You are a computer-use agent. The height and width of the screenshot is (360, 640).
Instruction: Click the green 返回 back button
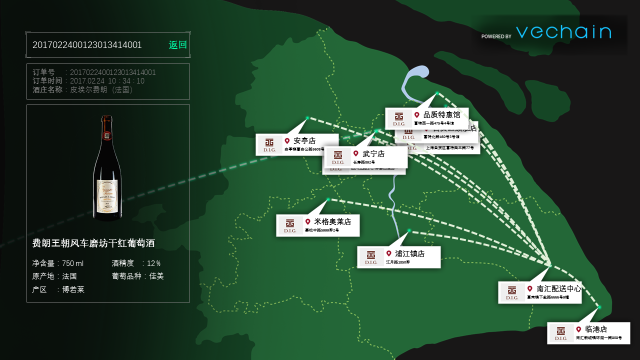(177, 45)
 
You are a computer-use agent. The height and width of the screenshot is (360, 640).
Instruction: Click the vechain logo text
(564, 32)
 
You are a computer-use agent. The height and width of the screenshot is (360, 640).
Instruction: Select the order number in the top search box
(88, 45)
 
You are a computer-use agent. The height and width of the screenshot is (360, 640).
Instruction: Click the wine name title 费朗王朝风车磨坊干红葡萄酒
(93, 243)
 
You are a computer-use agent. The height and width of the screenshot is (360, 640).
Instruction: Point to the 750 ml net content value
(73, 263)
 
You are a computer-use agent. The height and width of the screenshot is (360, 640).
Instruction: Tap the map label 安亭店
(304, 141)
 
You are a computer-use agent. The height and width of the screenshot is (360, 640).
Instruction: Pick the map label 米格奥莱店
(331, 222)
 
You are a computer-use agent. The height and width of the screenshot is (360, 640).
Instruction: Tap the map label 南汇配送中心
(558, 289)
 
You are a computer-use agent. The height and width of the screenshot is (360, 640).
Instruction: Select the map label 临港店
(596, 329)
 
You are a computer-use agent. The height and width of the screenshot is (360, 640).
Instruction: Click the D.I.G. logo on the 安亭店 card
(268, 146)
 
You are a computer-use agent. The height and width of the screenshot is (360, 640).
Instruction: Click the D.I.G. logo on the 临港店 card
(560, 333)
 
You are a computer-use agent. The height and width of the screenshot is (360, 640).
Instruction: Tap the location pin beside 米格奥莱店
(308, 222)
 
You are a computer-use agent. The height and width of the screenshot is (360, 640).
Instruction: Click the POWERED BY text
(496, 36)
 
